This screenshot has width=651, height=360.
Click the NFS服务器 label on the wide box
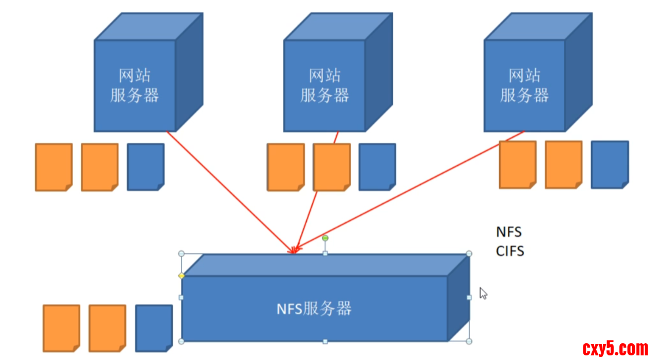pyautogui.click(x=314, y=308)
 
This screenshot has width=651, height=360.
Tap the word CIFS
pyautogui.click(x=509, y=251)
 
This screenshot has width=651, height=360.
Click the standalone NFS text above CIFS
pyautogui.click(x=508, y=232)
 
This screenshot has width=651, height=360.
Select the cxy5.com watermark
pyautogui.click(x=615, y=348)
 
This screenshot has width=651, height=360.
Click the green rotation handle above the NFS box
pyautogui.click(x=325, y=238)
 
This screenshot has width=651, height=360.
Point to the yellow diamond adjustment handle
pyautogui.click(x=181, y=276)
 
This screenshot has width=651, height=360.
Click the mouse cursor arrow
pyautogui.click(x=483, y=293)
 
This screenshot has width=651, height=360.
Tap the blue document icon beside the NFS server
pyautogui.click(x=154, y=328)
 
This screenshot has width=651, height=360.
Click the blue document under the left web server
pyautogui.click(x=145, y=167)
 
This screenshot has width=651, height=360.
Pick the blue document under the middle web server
pyautogui.click(x=377, y=167)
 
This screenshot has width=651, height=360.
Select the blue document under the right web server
pyautogui.click(x=609, y=165)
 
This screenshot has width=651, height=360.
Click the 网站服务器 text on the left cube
pyautogui.click(x=135, y=85)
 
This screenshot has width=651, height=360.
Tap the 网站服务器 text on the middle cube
pyautogui.click(x=325, y=85)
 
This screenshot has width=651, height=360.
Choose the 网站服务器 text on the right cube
pyautogui.click(x=524, y=85)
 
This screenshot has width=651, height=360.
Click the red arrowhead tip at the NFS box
pyautogui.click(x=293, y=251)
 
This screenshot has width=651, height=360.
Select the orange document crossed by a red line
pyautogui.click(x=332, y=167)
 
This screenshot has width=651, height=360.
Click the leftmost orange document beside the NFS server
pyautogui.click(x=61, y=328)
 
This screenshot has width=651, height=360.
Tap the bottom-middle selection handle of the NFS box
pyautogui.click(x=325, y=342)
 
